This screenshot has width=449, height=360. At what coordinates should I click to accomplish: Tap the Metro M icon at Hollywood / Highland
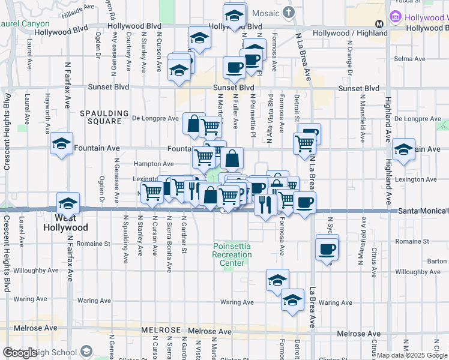tap(379, 24)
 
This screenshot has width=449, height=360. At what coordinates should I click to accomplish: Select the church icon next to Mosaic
tap(289, 13)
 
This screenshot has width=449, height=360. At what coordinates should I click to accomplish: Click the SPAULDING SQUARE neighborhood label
tap(105, 117)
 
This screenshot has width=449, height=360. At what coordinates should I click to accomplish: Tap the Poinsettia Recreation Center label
tap(232, 255)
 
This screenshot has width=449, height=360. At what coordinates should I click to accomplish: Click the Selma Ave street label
tap(410, 59)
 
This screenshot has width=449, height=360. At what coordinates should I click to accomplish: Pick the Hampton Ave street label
tap(154, 164)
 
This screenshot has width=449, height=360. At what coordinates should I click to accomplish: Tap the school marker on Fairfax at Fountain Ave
tap(61, 144)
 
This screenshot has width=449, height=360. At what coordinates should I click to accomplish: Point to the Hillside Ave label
tap(80, 7)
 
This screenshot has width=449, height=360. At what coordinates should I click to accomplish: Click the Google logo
tap(20, 352)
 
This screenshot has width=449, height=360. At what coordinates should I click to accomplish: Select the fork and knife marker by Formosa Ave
tap(265, 205)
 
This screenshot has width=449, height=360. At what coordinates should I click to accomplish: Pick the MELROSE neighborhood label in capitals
tap(161, 331)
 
